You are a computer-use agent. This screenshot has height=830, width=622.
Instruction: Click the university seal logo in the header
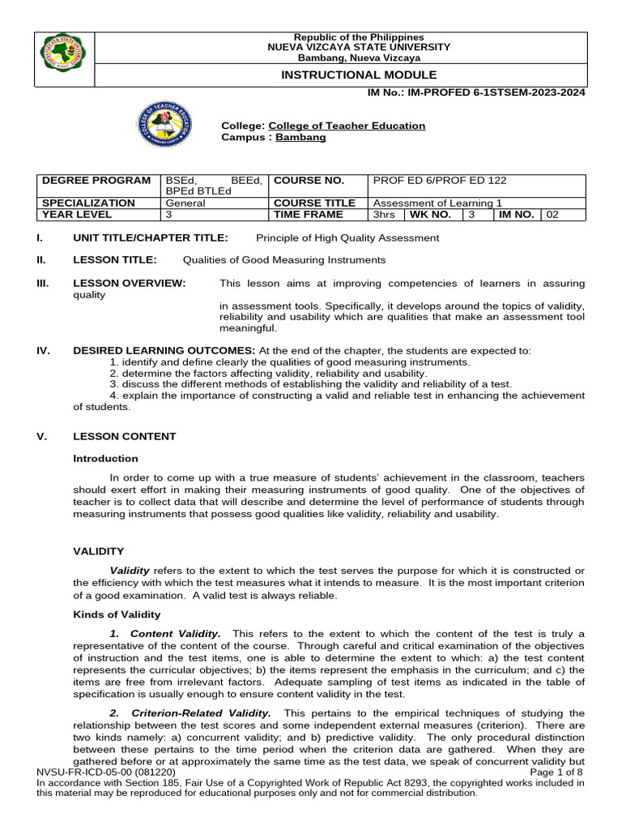pos(63,59)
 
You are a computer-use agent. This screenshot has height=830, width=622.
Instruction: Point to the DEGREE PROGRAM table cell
pos(96,180)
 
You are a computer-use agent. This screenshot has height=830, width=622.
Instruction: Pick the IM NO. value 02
pos(552,215)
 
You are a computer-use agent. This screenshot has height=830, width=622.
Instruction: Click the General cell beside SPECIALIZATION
pos(185,203)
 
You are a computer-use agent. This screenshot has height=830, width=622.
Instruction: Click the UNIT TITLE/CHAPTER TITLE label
pos(151,237)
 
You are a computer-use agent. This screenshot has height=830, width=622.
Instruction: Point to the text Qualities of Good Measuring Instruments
pos(284,259)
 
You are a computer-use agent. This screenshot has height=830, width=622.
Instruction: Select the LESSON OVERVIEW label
pos(130,283)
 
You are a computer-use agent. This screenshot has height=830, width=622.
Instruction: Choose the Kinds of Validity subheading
pos(117,614)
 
